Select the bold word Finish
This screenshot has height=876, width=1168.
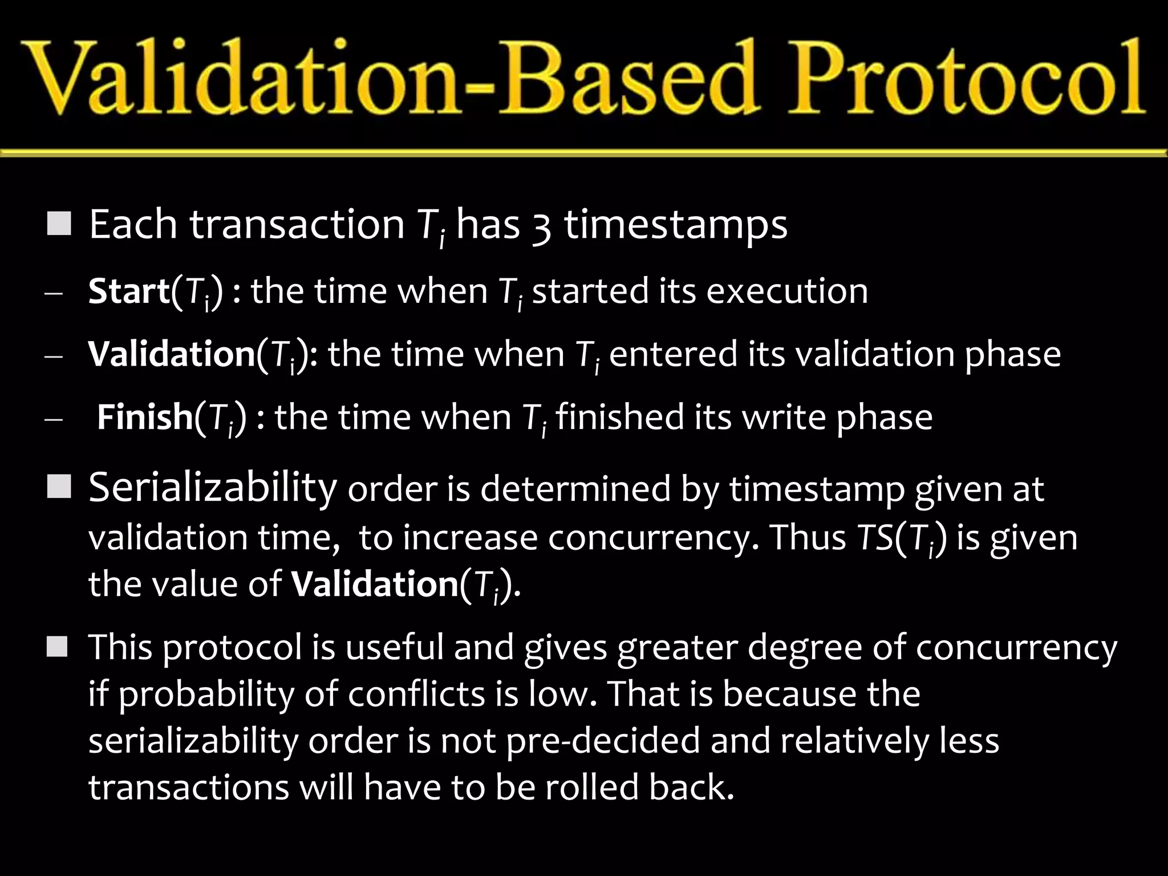[144, 417]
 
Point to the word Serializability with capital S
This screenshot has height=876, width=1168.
[213, 489]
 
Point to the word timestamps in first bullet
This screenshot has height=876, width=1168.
[675, 226]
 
